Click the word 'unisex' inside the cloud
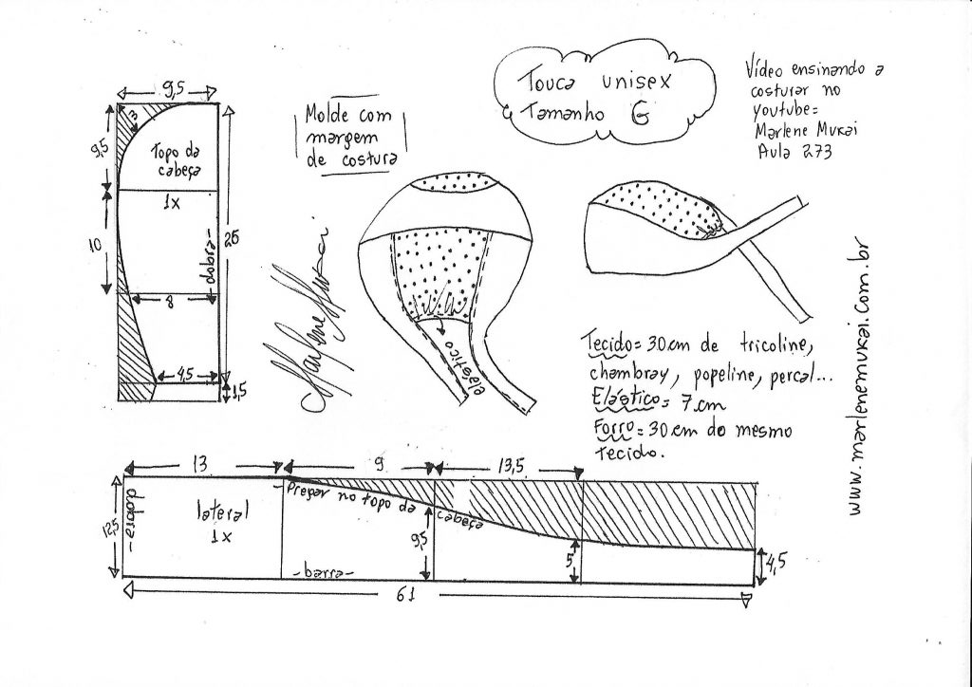tap(637, 82)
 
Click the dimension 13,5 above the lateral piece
tap(507, 466)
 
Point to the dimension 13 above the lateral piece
tap(200, 464)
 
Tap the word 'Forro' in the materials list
tap(604, 427)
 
